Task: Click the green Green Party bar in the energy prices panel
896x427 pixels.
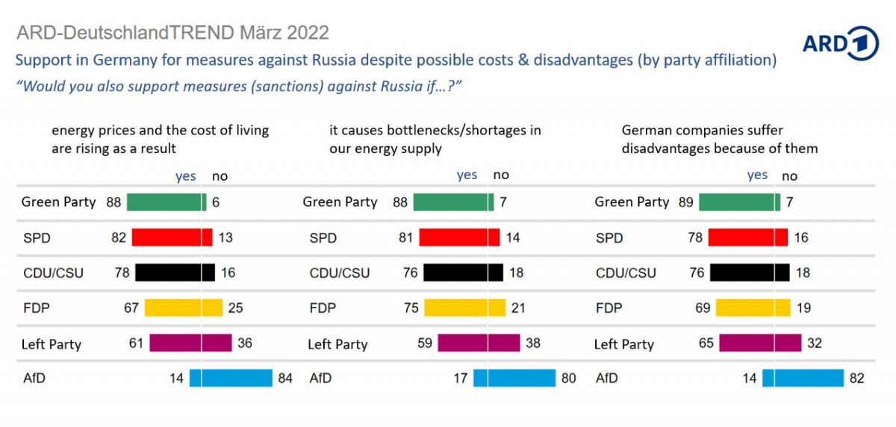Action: (x=167, y=202)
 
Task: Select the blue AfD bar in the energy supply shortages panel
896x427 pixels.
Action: (x=514, y=378)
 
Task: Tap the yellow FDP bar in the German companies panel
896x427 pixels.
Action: (x=753, y=308)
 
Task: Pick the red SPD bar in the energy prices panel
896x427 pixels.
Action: (x=172, y=237)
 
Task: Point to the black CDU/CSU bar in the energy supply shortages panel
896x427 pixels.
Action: (x=464, y=272)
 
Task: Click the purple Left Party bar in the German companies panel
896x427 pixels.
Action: (x=760, y=343)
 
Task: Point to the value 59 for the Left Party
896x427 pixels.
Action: (x=426, y=343)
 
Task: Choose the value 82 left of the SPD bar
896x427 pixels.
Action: (x=119, y=237)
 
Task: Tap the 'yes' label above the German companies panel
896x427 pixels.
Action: (x=757, y=175)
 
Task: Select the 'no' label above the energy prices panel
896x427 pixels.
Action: (x=220, y=176)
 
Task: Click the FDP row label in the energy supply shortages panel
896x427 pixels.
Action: (x=323, y=308)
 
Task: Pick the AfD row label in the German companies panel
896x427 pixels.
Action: (x=607, y=378)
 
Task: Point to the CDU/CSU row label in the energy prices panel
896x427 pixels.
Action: (x=52, y=273)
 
